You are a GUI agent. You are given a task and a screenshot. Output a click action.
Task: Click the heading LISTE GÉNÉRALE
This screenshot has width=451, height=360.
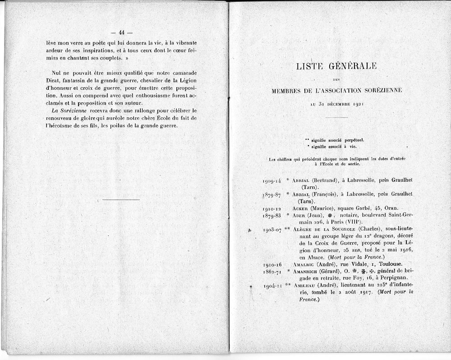[x=336, y=66]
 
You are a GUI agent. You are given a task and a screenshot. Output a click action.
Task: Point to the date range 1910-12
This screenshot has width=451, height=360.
[x=272, y=209]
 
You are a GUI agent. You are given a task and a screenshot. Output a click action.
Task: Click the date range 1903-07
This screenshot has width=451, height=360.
[x=272, y=230]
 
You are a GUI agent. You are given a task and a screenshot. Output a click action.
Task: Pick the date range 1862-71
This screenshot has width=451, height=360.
[x=272, y=271]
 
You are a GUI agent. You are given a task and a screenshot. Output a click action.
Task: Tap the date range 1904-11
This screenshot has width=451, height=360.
[x=272, y=286]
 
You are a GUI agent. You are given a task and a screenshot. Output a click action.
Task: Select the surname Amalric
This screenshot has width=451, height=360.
[x=304, y=264]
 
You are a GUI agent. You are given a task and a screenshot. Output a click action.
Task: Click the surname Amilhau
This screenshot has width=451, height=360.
[x=304, y=285]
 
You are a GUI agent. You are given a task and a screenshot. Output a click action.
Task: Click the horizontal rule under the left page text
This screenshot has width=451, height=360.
[x=121, y=199]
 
